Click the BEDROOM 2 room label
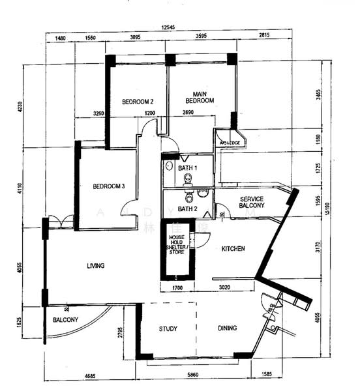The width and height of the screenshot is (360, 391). [138, 102]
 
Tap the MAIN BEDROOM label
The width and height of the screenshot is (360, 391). [200, 97]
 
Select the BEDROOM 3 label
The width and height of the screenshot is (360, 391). [108, 186]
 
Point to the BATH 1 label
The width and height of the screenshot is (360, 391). [187, 169]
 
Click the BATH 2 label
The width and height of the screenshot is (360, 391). [187, 209]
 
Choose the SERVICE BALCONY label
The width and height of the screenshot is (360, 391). [252, 202]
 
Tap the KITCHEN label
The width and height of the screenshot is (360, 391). [233, 250]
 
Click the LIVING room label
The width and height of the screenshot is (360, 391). [96, 265]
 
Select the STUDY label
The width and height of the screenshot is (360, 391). [168, 328]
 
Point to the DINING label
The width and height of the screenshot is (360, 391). [227, 328]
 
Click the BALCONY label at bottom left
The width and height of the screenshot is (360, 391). [65, 320]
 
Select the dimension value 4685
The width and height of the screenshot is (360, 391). [89, 376]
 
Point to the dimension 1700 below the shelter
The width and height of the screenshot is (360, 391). [177, 287]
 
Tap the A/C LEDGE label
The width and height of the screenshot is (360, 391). [229, 143]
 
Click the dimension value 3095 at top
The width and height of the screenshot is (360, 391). [136, 37]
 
